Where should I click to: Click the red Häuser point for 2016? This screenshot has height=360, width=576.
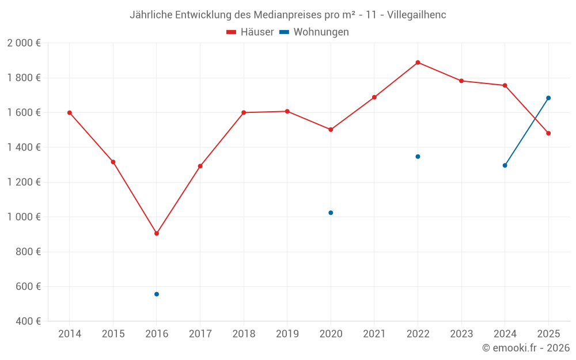[157, 233]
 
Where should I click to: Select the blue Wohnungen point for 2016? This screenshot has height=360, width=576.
[157, 294]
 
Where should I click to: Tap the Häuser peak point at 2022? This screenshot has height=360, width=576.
[418, 62]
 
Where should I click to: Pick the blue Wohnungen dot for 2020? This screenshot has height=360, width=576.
[331, 213]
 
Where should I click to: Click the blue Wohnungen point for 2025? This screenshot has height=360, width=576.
[548, 98]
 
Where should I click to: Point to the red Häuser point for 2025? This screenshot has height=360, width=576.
[548, 133]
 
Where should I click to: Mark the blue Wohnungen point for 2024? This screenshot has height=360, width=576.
[505, 165]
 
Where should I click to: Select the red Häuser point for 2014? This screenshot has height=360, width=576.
[70, 113]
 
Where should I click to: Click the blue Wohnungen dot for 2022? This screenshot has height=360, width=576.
[418, 157]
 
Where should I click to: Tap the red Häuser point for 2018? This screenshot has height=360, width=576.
[244, 112]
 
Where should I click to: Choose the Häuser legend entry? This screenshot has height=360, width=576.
[250, 32]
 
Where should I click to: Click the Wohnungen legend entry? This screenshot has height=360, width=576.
[314, 32]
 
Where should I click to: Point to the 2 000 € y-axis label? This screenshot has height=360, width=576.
[24, 43]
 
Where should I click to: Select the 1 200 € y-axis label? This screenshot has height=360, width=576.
[24, 182]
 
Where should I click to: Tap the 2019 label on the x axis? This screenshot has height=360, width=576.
[287, 334]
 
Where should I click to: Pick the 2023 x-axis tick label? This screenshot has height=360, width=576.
[461, 334]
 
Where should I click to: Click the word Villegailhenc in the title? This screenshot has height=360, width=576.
[416, 15]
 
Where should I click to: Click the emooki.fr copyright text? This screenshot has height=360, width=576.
[526, 348]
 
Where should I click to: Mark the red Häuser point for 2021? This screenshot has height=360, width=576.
[374, 97]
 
